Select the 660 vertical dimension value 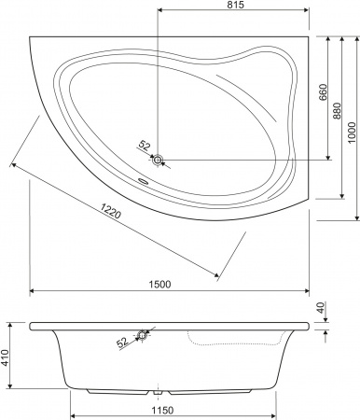[323, 93]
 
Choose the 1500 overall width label [171, 285]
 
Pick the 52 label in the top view [145, 145]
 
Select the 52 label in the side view [123, 343]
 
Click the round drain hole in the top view [158, 160]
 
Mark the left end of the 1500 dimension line [32, 291]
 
